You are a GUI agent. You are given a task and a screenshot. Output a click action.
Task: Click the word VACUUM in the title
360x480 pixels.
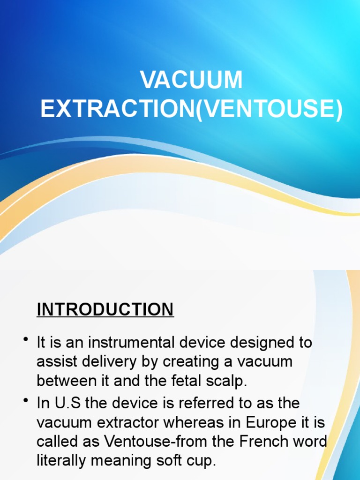(x=191, y=81)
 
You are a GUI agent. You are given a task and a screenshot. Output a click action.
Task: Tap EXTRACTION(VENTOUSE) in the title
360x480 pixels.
(x=191, y=109)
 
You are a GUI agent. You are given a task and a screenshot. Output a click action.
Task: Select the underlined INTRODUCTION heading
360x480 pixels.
(x=105, y=309)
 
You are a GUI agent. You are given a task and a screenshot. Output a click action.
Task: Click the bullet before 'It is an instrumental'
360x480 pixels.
(x=26, y=340)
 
